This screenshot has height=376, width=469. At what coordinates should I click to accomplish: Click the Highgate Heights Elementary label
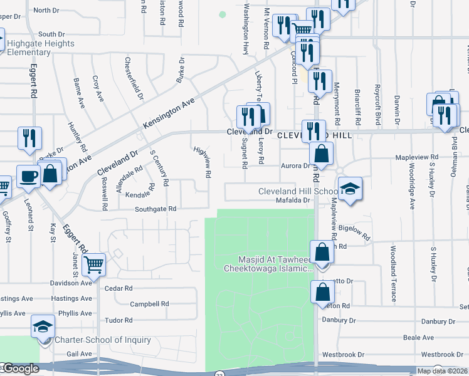[x=41, y=48]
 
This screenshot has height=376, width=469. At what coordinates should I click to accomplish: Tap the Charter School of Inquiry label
[x=103, y=340]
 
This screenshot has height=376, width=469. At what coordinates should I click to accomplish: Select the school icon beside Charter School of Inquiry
[x=43, y=326]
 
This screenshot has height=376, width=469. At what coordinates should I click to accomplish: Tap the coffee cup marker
[x=28, y=176]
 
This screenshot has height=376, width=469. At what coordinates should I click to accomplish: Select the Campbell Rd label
[x=149, y=304]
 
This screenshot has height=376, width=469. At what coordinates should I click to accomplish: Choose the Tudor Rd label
[x=119, y=320]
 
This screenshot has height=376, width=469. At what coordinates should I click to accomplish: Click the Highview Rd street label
[x=202, y=161]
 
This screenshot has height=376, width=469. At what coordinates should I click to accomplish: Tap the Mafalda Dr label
[x=293, y=201]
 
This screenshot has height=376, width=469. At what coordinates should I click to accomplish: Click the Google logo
[x=19, y=368]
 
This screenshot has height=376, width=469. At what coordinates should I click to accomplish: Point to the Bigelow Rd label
[x=355, y=234]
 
